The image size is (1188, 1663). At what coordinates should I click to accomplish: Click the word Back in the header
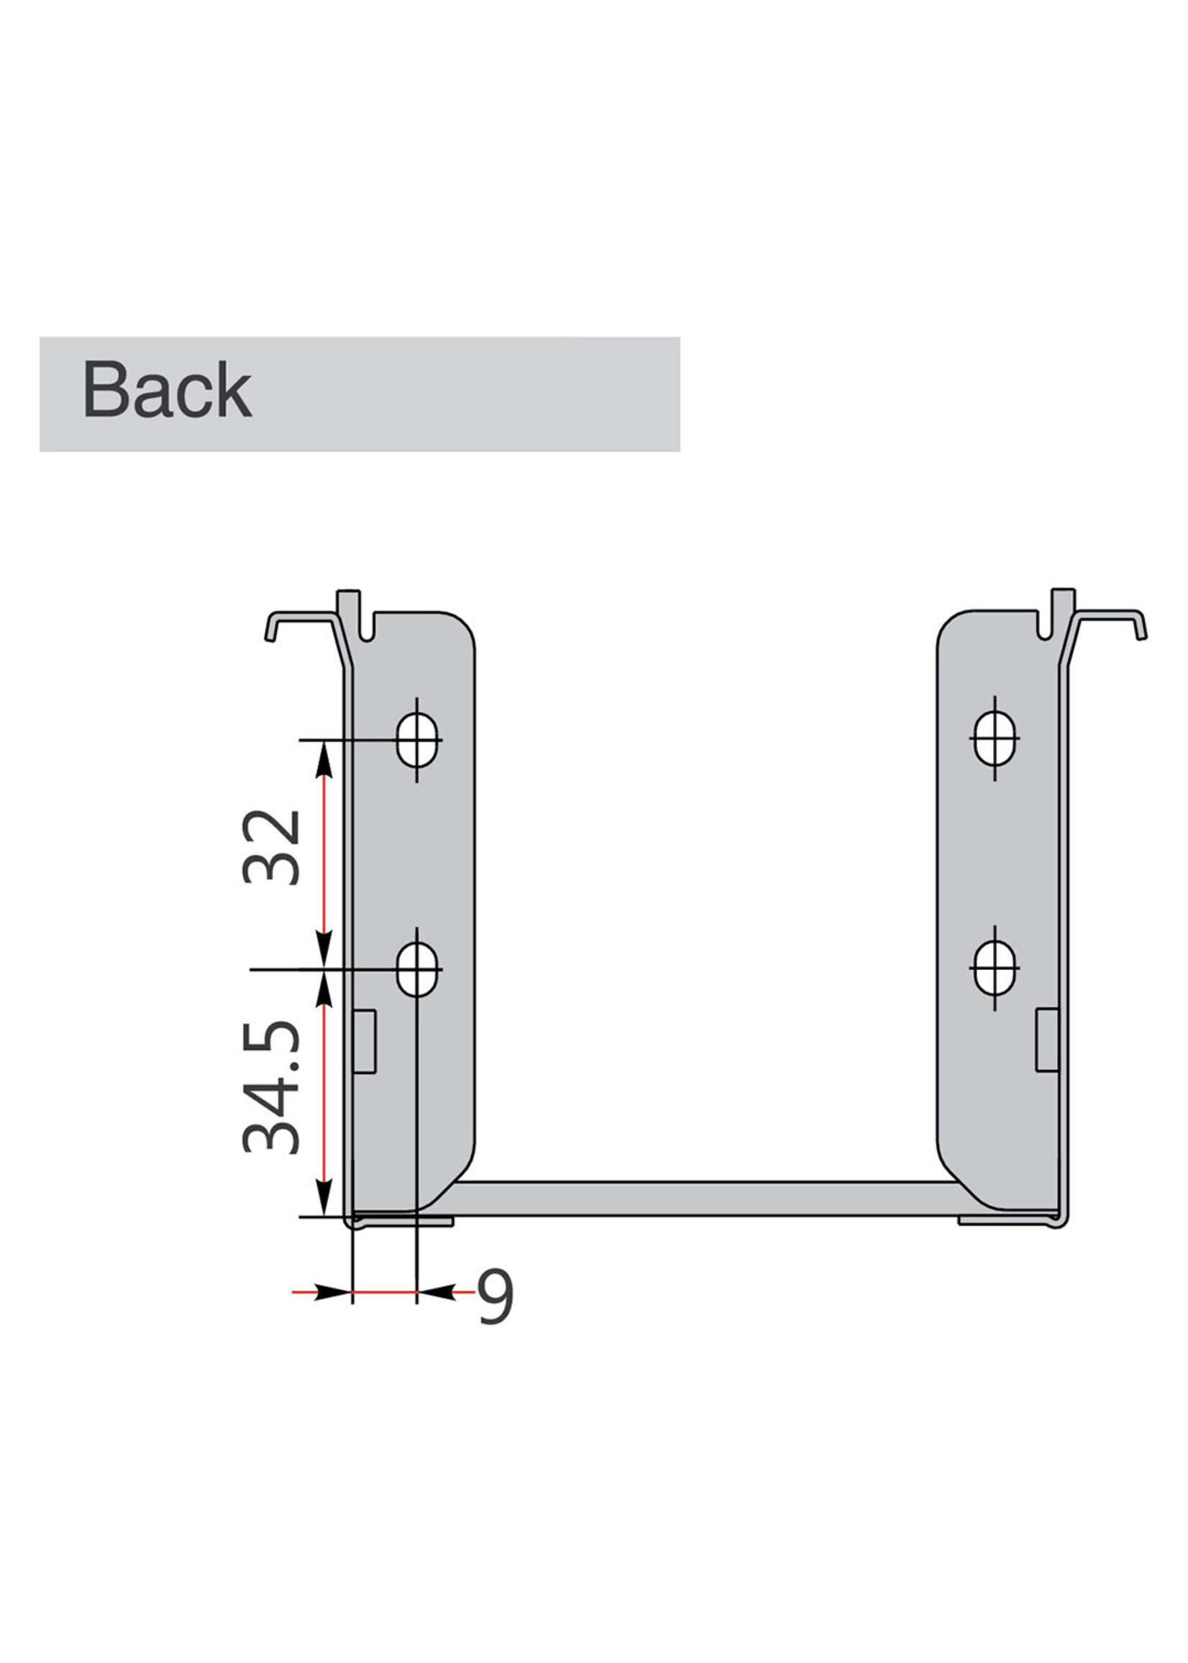coord(167,390)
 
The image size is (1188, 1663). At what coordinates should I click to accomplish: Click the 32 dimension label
coord(271,847)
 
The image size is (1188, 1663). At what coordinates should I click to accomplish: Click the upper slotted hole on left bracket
coord(417,740)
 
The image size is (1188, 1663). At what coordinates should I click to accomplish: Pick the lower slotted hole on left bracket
coord(417,970)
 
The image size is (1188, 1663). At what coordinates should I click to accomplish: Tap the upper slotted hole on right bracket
coord(995,738)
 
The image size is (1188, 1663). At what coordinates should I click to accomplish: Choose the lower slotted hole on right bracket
coord(995,968)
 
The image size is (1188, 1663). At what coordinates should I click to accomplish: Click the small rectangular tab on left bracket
coord(365,1042)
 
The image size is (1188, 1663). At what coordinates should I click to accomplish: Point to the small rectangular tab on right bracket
coord(1047,1040)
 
